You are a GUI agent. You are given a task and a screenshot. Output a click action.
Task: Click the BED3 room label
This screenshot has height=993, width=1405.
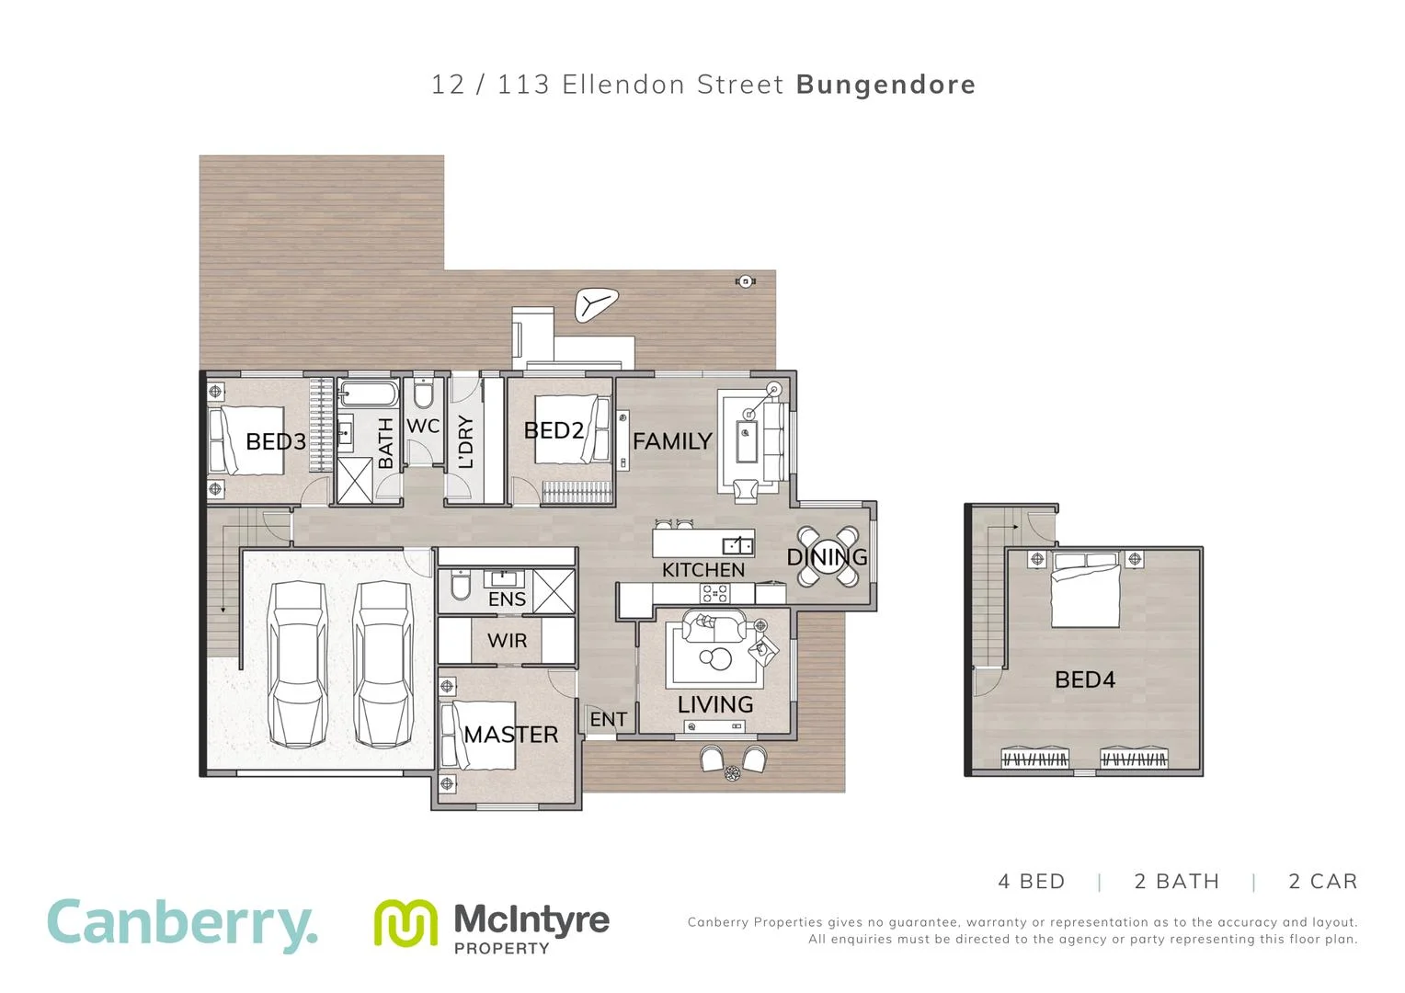tap(275, 441)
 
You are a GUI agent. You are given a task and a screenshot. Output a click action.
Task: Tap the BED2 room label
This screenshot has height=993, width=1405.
tap(554, 430)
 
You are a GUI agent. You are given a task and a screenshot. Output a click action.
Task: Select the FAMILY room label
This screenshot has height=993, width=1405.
tap(672, 441)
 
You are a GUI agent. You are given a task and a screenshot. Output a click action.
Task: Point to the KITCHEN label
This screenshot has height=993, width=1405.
tap(703, 570)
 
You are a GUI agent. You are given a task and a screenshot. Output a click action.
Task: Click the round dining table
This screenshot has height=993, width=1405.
tap(828, 556)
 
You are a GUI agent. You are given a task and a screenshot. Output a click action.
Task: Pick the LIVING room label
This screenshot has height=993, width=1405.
tap(715, 704)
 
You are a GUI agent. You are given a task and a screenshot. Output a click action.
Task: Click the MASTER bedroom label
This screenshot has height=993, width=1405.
tap(511, 735)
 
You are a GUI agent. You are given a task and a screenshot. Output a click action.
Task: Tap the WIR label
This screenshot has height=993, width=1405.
tap(508, 640)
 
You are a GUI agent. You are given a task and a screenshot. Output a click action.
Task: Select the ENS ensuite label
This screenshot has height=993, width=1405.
tap(507, 599)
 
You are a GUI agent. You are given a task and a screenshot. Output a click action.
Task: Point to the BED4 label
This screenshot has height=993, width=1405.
tap(1085, 679)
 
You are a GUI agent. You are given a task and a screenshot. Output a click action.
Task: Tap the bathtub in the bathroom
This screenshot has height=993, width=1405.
tap(368, 396)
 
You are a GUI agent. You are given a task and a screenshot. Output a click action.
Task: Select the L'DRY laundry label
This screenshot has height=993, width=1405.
tap(465, 441)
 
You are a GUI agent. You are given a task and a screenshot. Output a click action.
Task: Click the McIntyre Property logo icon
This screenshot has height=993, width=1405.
tap(405, 923)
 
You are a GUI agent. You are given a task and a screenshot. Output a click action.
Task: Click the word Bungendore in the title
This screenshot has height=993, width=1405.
tap(885, 85)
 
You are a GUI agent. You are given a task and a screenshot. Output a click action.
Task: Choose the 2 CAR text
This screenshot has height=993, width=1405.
tap(1322, 882)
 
